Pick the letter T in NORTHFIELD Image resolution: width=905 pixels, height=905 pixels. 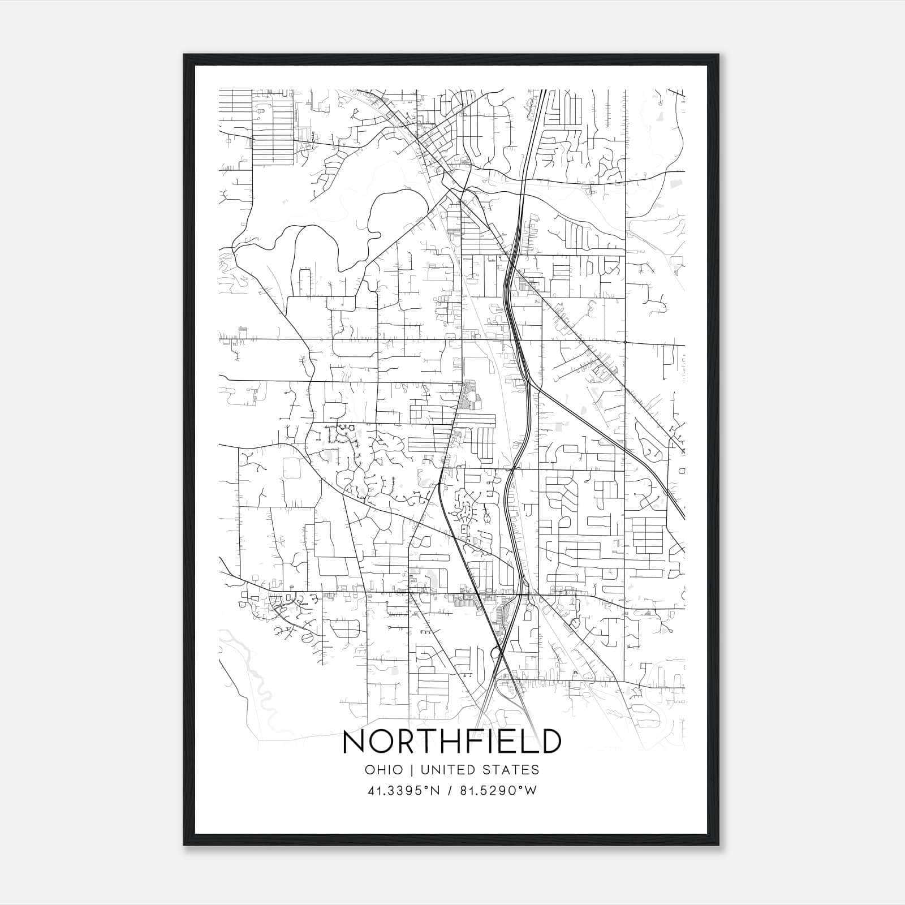pos(419,742)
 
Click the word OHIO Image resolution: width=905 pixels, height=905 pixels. pos(384,770)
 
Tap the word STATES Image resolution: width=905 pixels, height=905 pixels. pos(512,770)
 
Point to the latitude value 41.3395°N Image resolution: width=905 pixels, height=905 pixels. pos(404,791)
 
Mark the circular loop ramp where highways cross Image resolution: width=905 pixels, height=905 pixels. pos(497,653)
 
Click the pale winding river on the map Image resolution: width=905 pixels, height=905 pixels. pos(252,679)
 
